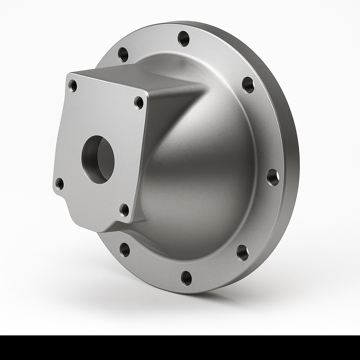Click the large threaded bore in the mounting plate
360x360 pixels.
pos(98,159)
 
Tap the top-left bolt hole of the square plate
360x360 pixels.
pos(73,85)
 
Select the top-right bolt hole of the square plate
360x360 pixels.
pos(139,102)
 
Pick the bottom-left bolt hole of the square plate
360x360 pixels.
pos(60,184)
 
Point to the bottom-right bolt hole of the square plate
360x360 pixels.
pos(124,210)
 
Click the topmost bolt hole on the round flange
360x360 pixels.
pos(184,38)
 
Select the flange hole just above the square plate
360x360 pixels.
pos(123,54)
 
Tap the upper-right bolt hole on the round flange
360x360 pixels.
pos(248,85)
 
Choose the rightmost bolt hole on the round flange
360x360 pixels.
pos(273,177)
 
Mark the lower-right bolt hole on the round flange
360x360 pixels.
pos(242,252)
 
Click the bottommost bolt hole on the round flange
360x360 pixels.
pos(186,278)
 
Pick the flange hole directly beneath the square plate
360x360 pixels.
pos(125,250)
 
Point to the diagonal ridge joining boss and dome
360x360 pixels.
pos(183,112)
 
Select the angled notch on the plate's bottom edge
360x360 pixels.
pos(112,227)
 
